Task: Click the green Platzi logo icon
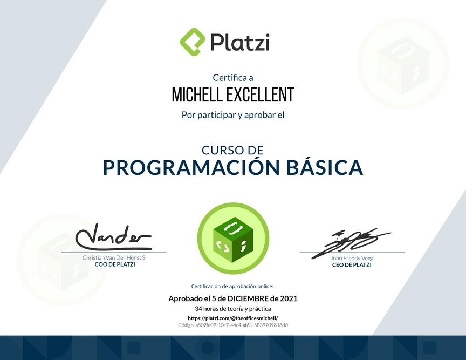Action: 193,42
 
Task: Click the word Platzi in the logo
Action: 240,42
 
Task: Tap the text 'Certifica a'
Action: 233,78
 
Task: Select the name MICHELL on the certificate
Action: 197,94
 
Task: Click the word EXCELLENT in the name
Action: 261,94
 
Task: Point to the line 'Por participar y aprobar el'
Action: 233,115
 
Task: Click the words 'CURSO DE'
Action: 232,150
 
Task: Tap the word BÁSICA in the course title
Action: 325,167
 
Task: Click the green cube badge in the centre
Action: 234,239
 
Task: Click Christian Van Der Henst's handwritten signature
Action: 113,237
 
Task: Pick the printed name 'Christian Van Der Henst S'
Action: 114,257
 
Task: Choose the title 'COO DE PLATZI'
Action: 115,264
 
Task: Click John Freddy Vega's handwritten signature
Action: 351,243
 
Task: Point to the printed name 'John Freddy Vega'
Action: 352,258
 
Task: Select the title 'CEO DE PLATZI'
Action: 352,265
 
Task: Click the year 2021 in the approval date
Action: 289,298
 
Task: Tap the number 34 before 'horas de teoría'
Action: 198,309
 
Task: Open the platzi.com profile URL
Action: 233,318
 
